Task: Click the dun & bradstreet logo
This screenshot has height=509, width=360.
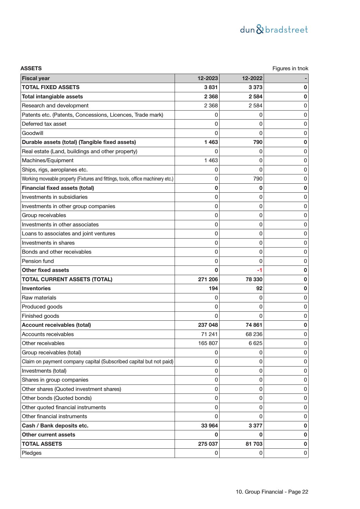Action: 274,30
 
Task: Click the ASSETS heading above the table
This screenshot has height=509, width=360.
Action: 31,68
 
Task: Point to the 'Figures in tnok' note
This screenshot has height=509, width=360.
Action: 290,68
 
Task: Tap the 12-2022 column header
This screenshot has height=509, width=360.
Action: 252,78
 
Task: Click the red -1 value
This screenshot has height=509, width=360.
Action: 259,270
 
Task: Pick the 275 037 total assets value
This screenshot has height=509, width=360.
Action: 208,444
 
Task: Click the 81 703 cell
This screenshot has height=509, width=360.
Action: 254,444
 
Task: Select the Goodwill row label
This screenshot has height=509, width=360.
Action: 32,133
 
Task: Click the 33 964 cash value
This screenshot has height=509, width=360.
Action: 209,426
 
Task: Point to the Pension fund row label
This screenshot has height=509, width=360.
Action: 38,261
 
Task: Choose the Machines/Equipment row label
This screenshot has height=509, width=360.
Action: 48,160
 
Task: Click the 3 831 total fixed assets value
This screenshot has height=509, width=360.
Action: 211,87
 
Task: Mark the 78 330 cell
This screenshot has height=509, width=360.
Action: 254,279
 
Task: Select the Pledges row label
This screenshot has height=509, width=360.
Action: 32,453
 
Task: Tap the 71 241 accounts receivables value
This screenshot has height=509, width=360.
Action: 209,334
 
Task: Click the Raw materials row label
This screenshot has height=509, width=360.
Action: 39,298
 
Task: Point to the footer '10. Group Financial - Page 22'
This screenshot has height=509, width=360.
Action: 272,492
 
